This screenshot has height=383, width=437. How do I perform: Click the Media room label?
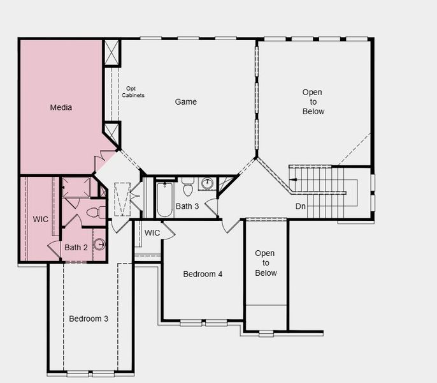[61, 107]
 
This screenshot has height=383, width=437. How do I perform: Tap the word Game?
[186, 101]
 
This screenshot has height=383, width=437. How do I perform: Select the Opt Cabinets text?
[133, 92]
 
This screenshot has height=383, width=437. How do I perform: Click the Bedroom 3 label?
[89, 319]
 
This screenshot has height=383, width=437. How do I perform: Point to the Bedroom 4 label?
[203, 274]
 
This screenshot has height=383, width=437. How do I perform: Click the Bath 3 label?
[187, 206]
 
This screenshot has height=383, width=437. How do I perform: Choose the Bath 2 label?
[76, 248]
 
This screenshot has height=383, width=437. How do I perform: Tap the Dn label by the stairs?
[301, 206]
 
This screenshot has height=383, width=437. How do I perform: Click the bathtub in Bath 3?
[164, 199]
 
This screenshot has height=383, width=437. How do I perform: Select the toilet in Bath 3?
[189, 186]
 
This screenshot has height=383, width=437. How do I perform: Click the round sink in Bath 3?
[207, 183]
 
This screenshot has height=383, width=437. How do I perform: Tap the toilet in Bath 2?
[96, 213]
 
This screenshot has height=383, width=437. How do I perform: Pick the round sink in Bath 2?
[99, 244]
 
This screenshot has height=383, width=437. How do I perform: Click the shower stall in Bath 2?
[76, 187]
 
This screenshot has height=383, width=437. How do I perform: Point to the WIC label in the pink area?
[41, 220]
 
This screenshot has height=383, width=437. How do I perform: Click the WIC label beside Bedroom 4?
[152, 233]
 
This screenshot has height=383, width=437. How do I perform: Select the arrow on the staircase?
[294, 179]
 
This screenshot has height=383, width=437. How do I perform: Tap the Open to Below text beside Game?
[313, 101]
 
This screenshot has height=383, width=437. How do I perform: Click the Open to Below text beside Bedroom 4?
[266, 263]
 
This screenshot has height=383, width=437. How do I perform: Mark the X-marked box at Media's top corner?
[111, 52]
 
